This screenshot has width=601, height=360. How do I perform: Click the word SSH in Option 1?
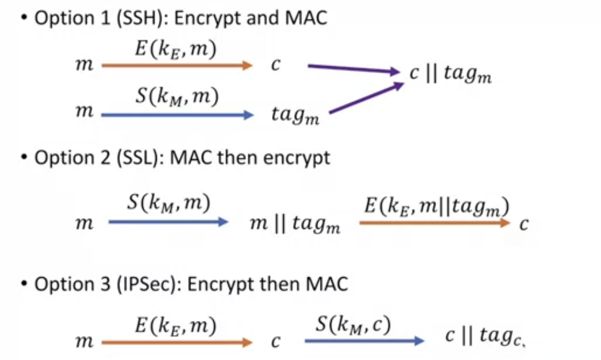tap(141, 18)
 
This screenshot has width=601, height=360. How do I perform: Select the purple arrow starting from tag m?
tap(366, 98)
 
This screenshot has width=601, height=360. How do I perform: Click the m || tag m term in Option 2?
tap(295, 225)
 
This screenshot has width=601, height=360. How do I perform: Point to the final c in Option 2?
tap(524, 224)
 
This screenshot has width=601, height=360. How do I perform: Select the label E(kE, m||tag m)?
tap(437, 207)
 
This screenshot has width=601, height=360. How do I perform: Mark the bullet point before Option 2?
tap(24, 158)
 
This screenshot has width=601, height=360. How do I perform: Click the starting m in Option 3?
tap(84, 342)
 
